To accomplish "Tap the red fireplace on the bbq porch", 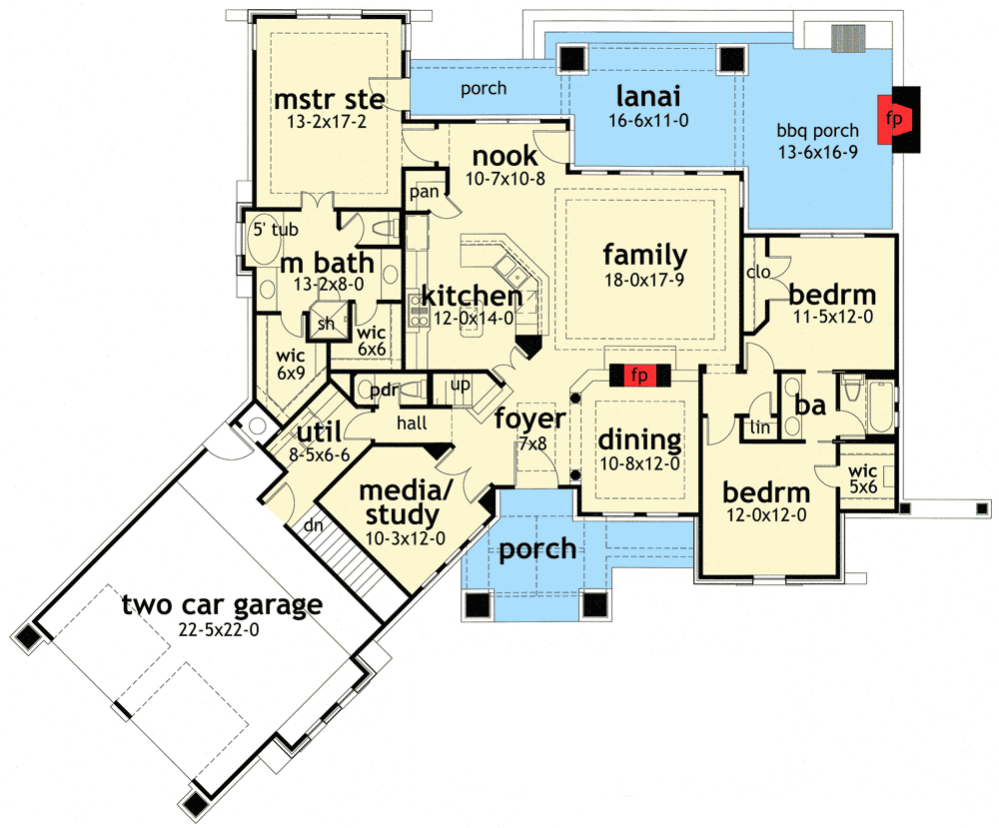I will pos(892,117).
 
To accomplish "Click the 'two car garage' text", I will pos(222,604).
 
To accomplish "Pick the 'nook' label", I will pos(504,156).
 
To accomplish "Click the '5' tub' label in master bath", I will pos(274,230).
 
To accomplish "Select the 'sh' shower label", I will pos(325,324).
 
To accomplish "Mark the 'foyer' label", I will pos(530,418).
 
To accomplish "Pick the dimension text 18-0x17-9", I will pos(643,280).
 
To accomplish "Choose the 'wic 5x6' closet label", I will pos(862,478).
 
